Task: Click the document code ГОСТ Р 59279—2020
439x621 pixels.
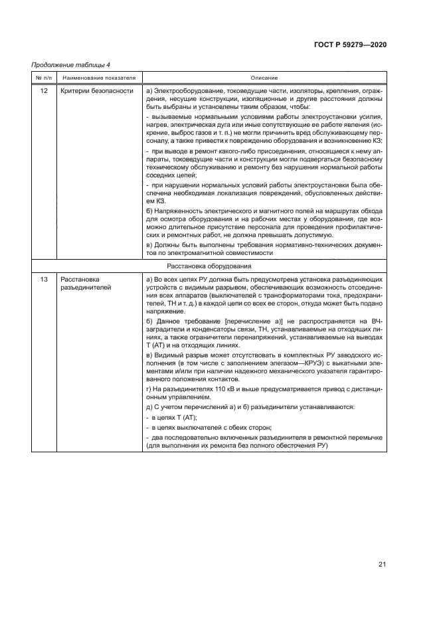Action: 349,44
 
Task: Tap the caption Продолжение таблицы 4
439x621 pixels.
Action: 71,64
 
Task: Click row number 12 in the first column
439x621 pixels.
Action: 44,90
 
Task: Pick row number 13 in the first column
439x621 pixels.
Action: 44,280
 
